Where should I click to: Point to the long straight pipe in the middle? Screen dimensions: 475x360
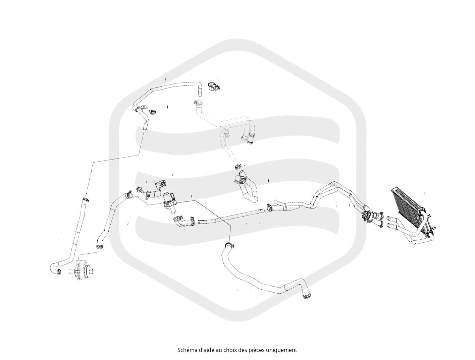pos(231,216)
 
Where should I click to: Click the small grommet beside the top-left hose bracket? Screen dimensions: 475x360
pos(152,112)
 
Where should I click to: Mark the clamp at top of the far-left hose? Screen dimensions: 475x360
pos(86,199)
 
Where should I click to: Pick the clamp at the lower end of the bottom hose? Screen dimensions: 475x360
pos(306,295)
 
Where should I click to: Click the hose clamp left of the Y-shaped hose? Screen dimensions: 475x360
pos(270,207)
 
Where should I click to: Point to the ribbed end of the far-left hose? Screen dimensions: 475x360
pos(59,272)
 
